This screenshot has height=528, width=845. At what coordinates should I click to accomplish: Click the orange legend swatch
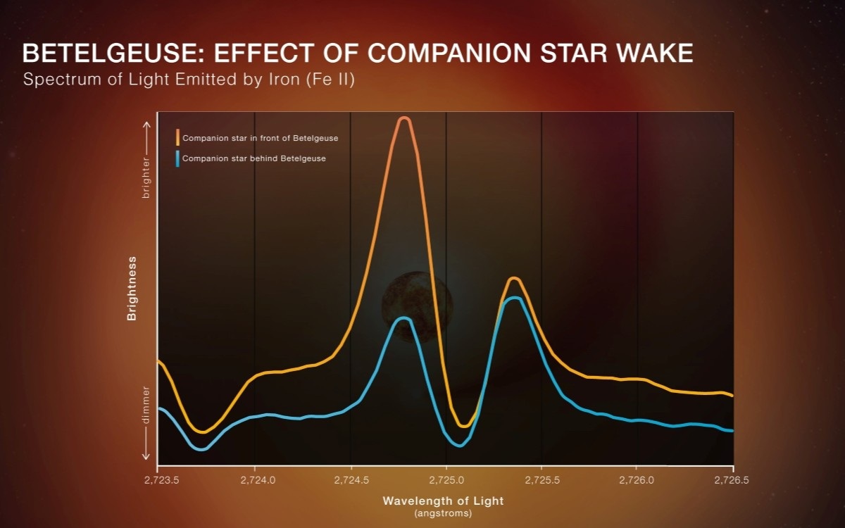click(x=178, y=138)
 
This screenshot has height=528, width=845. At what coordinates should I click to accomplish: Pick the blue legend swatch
click(x=178, y=158)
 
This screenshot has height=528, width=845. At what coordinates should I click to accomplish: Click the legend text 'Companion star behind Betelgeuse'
click(x=254, y=158)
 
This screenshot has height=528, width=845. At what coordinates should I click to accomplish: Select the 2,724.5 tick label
click(x=351, y=481)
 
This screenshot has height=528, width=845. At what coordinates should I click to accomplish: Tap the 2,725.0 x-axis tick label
click(x=446, y=481)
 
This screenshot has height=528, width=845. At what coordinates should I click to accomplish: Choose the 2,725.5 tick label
click(x=542, y=481)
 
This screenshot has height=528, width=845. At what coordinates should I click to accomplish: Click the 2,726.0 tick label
click(x=637, y=481)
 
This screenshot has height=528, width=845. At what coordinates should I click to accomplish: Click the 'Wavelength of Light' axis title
click(x=444, y=501)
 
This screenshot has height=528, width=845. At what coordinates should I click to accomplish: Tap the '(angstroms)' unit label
click(x=444, y=513)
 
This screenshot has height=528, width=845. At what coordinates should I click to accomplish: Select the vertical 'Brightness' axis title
click(x=132, y=289)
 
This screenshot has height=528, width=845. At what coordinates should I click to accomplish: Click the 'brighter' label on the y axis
click(x=146, y=177)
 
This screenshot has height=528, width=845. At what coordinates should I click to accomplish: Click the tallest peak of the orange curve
click(x=403, y=119)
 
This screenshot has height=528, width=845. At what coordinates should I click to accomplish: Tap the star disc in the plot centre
click(x=417, y=304)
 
